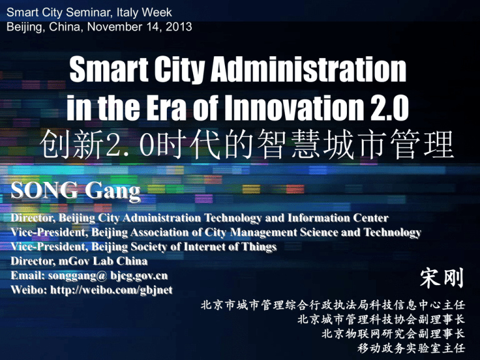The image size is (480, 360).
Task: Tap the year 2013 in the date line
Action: click(x=179, y=27)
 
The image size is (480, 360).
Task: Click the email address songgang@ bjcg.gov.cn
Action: click(x=110, y=276)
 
